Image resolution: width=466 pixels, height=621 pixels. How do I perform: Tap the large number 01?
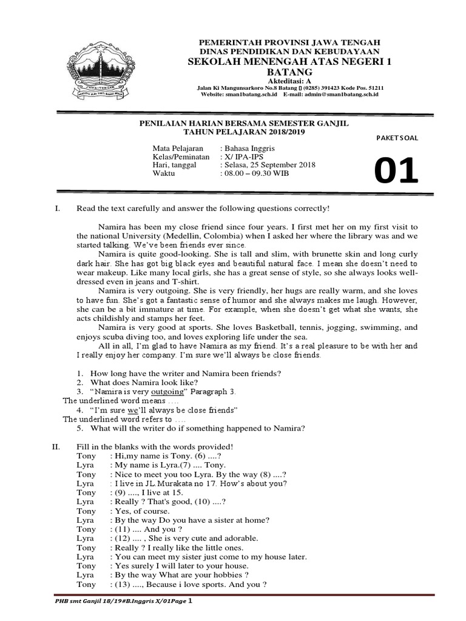(x=396, y=171)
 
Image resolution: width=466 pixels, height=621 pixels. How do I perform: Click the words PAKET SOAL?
(x=397, y=138)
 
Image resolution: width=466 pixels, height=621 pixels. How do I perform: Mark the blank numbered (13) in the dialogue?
(x=135, y=585)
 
